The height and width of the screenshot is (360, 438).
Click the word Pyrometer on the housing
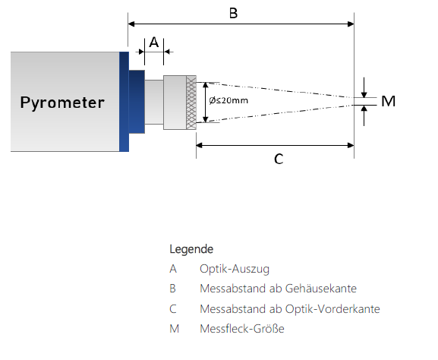pos(62,103)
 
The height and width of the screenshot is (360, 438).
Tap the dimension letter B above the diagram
pos(233,13)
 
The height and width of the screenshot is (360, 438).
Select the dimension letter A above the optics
pos(154,43)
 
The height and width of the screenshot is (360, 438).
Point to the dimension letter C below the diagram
pos(279,159)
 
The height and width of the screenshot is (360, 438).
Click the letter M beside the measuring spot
pos(388,101)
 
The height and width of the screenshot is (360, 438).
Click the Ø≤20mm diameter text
pos(228,100)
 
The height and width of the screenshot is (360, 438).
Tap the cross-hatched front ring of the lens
pos(191,103)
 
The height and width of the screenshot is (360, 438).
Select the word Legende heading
pos(191,249)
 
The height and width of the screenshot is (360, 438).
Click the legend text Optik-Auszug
pos(235,269)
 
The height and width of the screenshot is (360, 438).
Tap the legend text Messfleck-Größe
pos(242,329)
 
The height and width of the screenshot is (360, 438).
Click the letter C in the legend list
pos(173,309)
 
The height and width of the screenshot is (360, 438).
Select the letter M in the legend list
pos(175,329)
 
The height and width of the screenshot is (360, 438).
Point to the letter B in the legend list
pos(172,289)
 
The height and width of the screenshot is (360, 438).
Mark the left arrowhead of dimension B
pos(131,24)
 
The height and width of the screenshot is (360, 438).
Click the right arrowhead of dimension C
pos(351,145)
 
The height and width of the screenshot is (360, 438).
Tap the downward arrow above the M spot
pos(364,87)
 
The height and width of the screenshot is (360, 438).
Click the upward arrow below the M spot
pos(364,115)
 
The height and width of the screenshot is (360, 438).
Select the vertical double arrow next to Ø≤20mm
pos(206,103)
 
